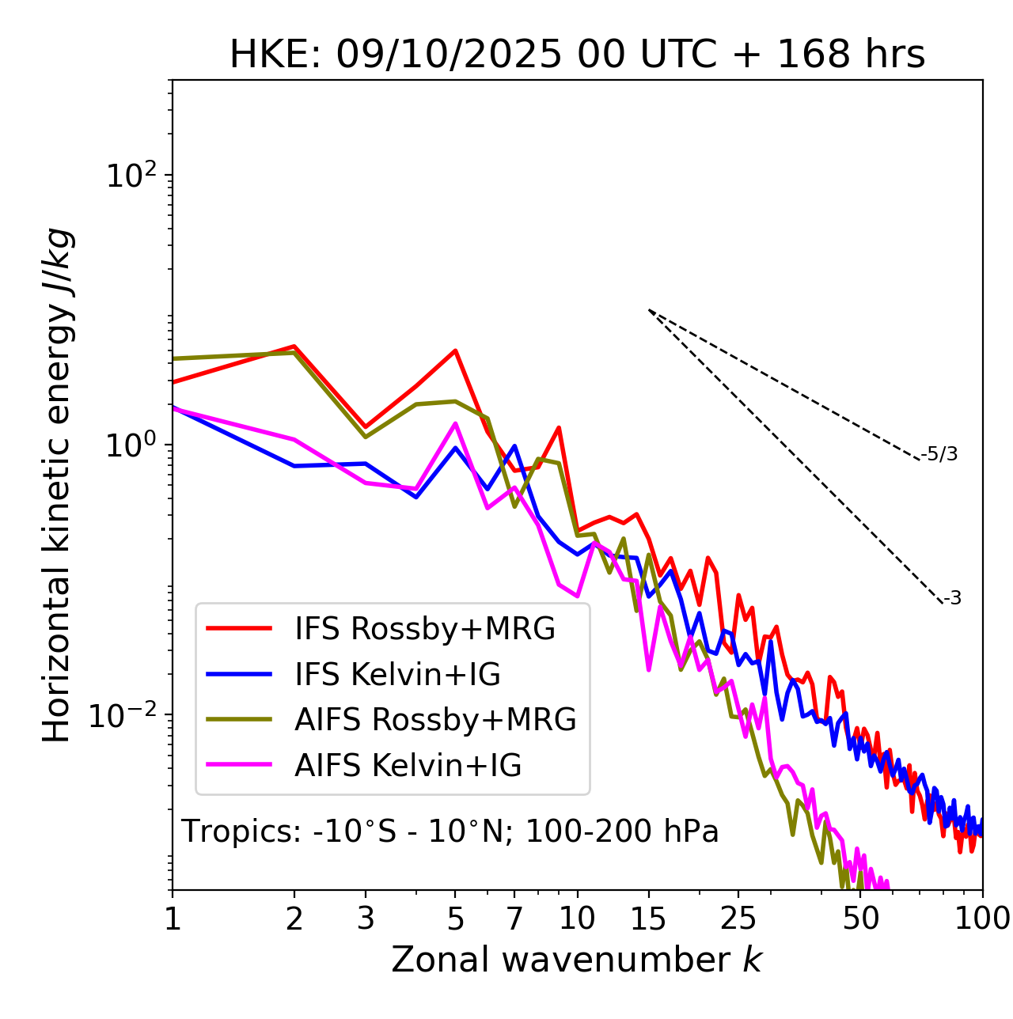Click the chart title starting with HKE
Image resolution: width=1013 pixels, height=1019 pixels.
click(x=577, y=55)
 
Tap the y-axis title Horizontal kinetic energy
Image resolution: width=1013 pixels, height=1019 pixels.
click(x=58, y=485)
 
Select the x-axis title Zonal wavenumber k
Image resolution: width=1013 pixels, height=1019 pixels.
click(x=576, y=960)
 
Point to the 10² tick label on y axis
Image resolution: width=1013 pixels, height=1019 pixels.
click(x=130, y=176)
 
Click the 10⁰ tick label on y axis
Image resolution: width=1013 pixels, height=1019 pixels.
click(x=130, y=445)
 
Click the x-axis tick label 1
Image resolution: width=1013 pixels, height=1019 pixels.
click(x=173, y=919)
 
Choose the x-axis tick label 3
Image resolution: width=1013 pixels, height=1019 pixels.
click(x=366, y=919)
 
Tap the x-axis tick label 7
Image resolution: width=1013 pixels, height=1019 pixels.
click(x=514, y=919)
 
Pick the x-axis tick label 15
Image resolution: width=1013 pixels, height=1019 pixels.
click(x=648, y=919)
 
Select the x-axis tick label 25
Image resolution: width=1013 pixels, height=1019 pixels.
click(x=738, y=919)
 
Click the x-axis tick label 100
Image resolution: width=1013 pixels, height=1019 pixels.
click(x=982, y=919)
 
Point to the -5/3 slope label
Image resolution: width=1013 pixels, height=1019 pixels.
click(x=939, y=454)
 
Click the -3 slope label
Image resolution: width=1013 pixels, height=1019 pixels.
click(x=952, y=599)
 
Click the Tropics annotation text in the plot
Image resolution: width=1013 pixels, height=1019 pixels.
click(x=450, y=832)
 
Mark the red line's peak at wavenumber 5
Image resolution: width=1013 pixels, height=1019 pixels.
click(x=456, y=350)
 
